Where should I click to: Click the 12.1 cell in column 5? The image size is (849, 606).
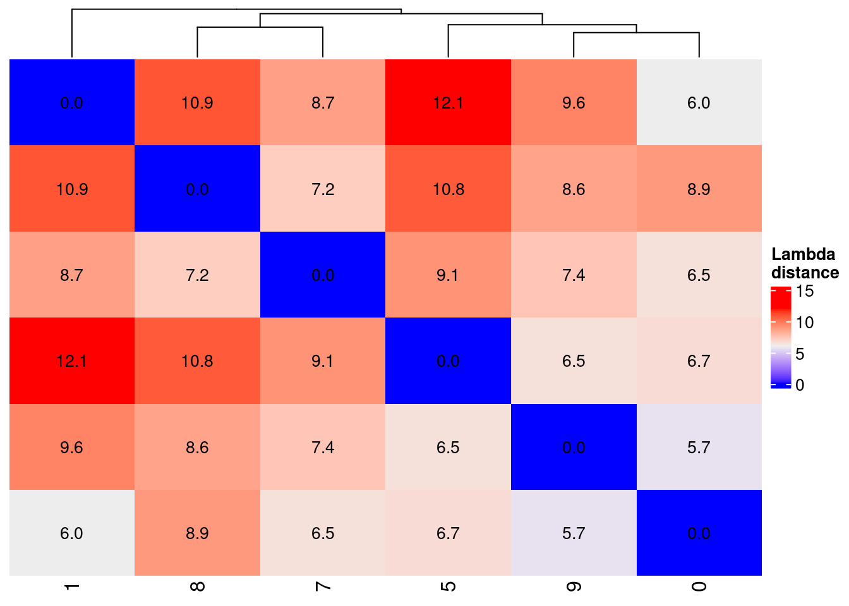tap(448, 103)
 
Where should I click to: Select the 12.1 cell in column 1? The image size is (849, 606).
tap(71, 361)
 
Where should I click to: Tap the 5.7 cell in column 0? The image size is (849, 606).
tap(699, 448)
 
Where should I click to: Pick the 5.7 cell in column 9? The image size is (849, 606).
tap(574, 533)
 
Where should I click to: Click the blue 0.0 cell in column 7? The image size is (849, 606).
tap(323, 275)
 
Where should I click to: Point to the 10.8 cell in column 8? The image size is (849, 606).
tap(197, 361)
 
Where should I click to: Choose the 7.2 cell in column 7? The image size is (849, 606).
tap(323, 189)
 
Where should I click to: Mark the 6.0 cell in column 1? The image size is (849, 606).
tap(71, 533)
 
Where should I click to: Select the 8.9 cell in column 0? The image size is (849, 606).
tap(699, 189)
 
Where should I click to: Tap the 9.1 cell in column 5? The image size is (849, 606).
tap(448, 275)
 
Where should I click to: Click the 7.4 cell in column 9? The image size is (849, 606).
tap(574, 275)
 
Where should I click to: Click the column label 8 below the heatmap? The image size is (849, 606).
tap(197, 586)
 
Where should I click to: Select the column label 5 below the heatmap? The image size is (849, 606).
tap(448, 586)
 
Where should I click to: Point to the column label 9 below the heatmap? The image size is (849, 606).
tap(574, 586)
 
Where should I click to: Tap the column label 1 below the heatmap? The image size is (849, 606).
tap(71, 586)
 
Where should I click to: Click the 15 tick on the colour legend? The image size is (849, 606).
tap(805, 291)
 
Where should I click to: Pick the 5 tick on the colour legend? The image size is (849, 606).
tap(800, 353)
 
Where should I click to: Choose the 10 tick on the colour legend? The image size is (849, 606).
tap(805, 323)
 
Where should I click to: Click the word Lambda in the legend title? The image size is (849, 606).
tap(803, 254)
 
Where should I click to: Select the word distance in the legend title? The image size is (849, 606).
tap(805, 273)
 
